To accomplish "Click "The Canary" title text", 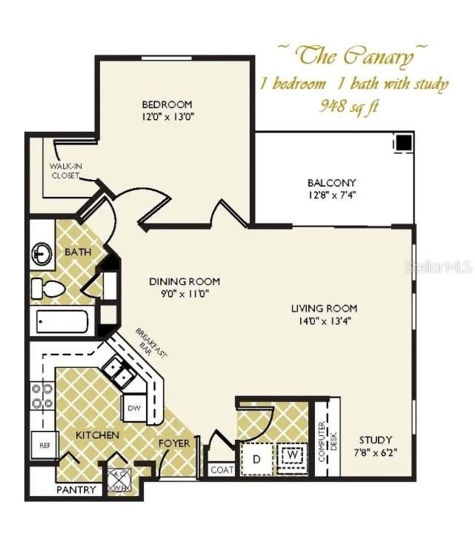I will [x=352, y=54].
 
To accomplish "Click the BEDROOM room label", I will [x=167, y=104].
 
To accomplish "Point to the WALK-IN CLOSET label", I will [x=65, y=171].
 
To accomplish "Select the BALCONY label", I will [x=331, y=183].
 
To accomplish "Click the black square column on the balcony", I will [x=403, y=142].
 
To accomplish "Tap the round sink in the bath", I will [x=42, y=255].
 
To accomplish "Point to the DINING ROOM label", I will [x=185, y=281].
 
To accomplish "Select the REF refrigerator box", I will [x=44, y=446].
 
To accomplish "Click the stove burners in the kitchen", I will [x=41, y=396].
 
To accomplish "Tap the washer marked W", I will [x=293, y=454].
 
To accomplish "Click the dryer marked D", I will [x=257, y=458].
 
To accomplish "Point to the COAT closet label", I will [x=221, y=469].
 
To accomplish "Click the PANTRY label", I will [x=76, y=489].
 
